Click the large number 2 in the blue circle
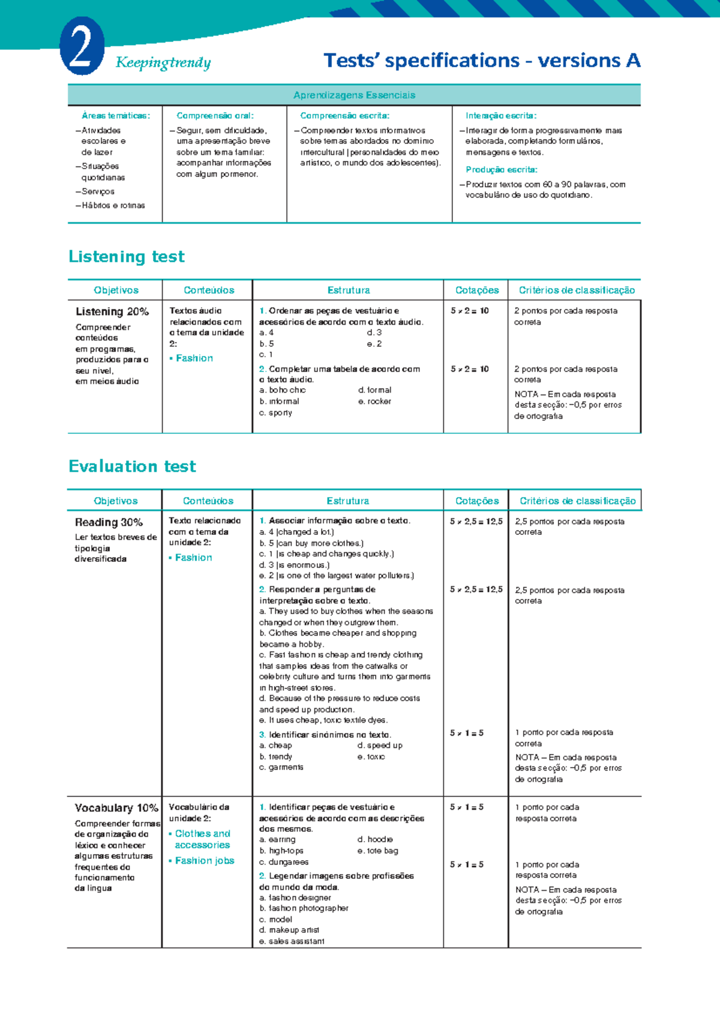[x=82, y=47]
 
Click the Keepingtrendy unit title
[x=163, y=62]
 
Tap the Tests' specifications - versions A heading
[x=482, y=61]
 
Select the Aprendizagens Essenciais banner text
[x=354, y=95]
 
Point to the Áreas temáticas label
[x=116, y=116]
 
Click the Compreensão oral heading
[x=215, y=116]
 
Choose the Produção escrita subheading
[x=502, y=170]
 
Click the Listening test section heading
[x=127, y=257]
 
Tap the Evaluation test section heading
[x=132, y=466]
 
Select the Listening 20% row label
[x=112, y=312]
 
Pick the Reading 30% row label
[x=109, y=522]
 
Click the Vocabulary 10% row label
[x=116, y=808]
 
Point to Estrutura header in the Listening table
[x=349, y=291]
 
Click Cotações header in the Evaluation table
[x=477, y=501]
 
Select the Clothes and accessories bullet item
[x=202, y=839]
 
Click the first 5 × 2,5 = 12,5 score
[x=476, y=522]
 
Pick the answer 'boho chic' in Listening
[x=287, y=390]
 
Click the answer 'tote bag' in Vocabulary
[x=383, y=851]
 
